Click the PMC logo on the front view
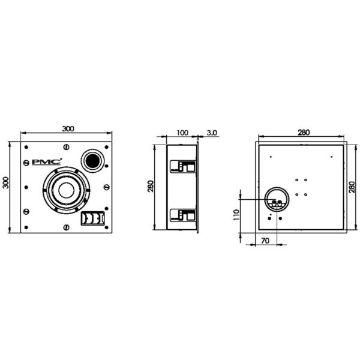(47, 162)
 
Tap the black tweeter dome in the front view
(93, 160)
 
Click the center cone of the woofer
(67, 190)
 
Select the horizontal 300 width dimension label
(68, 128)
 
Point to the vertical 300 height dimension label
(5, 183)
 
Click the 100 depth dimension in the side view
(182, 133)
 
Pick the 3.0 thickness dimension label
(212, 133)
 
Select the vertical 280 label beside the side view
(151, 187)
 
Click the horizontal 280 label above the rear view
(304, 133)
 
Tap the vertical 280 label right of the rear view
(352, 187)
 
